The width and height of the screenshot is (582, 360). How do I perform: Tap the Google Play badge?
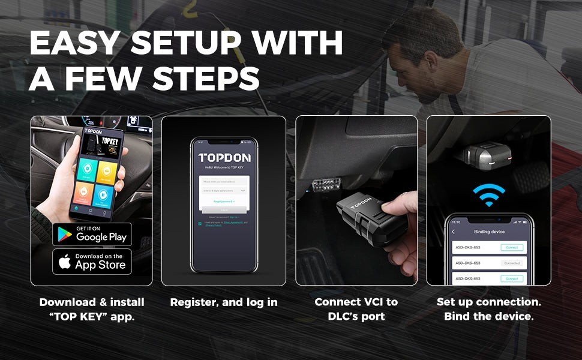point(92,234)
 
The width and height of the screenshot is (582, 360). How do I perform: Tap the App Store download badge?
point(92,262)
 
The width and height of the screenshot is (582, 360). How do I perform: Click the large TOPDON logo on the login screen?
point(224,158)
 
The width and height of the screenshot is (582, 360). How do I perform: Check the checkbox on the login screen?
point(200,223)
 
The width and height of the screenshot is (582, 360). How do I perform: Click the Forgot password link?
point(224,202)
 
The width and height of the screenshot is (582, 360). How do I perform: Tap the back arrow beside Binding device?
point(453,232)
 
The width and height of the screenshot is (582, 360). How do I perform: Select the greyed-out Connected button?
point(512,263)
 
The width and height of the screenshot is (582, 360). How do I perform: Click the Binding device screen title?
point(489,232)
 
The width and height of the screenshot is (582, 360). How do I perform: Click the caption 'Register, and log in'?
point(224,302)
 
